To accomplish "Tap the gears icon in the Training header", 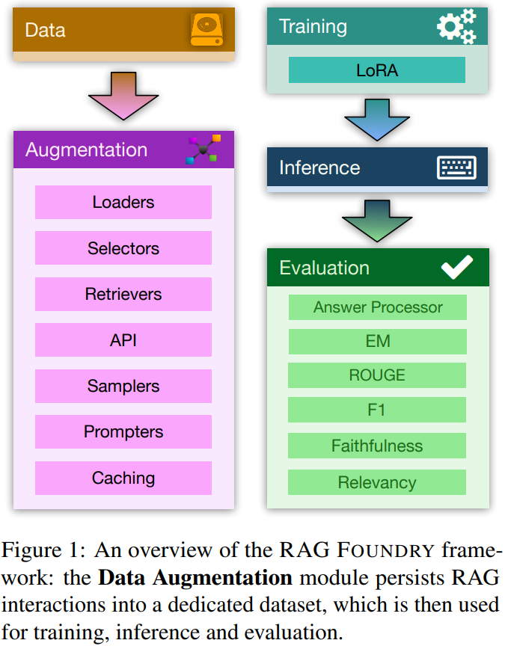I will [x=456, y=27].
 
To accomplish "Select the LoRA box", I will [x=377, y=70].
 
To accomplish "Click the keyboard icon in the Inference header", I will [x=456, y=167].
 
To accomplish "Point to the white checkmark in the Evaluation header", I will [x=456, y=268].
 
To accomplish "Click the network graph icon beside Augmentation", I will [x=203, y=150].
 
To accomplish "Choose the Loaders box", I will [x=123, y=202].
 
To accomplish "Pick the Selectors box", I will [x=123, y=248].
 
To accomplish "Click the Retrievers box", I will [x=123, y=294].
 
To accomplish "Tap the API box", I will [x=123, y=340].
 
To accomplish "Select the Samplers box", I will [x=123, y=386].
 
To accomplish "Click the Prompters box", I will [x=123, y=431].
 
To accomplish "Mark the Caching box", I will [x=123, y=478].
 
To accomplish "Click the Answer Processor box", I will [x=377, y=307].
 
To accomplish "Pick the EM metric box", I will [x=377, y=342].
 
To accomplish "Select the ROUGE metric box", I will [x=377, y=375].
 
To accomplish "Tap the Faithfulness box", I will [x=377, y=446].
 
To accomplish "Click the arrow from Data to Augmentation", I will [x=123, y=95].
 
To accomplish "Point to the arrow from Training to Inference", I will [x=378, y=117].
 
